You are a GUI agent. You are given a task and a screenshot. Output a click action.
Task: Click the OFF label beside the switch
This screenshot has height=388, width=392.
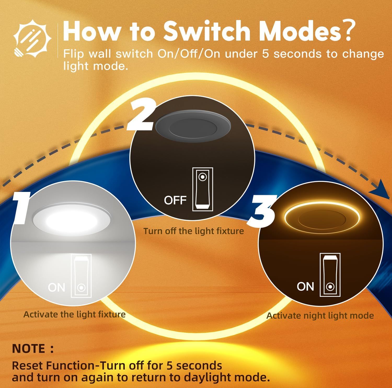tap(175, 201)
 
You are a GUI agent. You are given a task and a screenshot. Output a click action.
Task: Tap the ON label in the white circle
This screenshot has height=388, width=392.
tap(56, 288)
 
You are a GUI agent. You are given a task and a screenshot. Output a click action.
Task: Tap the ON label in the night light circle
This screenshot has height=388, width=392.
tap(305, 287)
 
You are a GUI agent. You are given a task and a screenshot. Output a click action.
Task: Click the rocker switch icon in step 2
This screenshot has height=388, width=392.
tap(203, 189)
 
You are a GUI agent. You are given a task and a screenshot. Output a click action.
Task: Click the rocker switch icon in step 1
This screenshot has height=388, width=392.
tap(81, 275)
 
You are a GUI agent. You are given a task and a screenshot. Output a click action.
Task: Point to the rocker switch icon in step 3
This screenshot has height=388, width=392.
tap(330, 275)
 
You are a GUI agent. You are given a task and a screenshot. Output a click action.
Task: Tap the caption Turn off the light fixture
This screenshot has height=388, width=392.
tap(193, 231)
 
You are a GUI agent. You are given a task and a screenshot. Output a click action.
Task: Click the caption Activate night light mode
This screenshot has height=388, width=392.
tap(320, 316)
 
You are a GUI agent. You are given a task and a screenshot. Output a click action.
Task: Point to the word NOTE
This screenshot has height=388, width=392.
tap(29, 349)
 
